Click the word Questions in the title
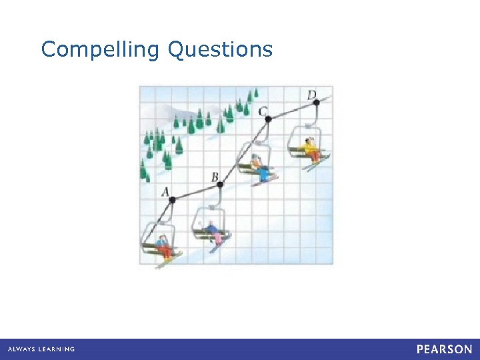[221, 50]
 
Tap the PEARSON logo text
[444, 349]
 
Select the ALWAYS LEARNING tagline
[41, 349]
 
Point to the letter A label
[166, 191]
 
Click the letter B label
[215, 177]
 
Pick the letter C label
[264, 110]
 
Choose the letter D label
[311, 95]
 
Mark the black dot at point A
[172, 199]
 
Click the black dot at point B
[220, 184]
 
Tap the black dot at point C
[268, 119]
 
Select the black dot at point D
[316, 102]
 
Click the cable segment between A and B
[196, 191]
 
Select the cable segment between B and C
[244, 151]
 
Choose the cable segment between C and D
[292, 111]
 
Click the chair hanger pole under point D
[307, 118]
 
